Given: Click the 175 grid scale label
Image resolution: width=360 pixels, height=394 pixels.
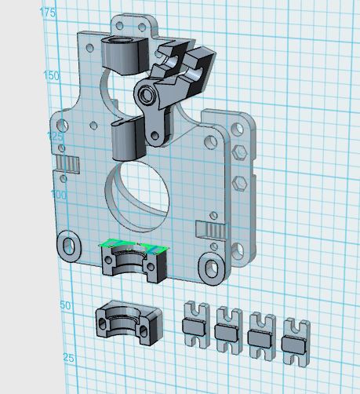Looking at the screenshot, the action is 47,13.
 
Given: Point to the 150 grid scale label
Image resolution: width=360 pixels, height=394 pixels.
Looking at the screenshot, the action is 51,75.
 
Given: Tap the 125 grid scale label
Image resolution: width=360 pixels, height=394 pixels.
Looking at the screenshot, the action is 55,136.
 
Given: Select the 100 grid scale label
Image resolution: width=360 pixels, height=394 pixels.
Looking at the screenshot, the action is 59,195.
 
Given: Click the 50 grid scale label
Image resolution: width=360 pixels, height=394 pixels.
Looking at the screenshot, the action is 65,305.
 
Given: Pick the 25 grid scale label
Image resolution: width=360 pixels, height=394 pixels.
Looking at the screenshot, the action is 68,357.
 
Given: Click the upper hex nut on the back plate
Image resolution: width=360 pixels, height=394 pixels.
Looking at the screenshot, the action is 239,152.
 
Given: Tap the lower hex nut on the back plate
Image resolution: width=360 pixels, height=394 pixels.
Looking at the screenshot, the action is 239,183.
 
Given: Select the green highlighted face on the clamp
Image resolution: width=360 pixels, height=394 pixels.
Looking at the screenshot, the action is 133,246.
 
